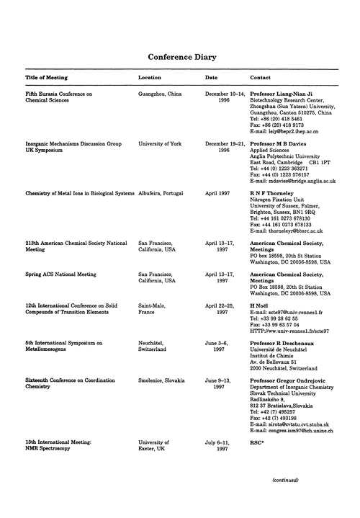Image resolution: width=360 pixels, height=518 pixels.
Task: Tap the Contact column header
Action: tap(260, 76)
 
